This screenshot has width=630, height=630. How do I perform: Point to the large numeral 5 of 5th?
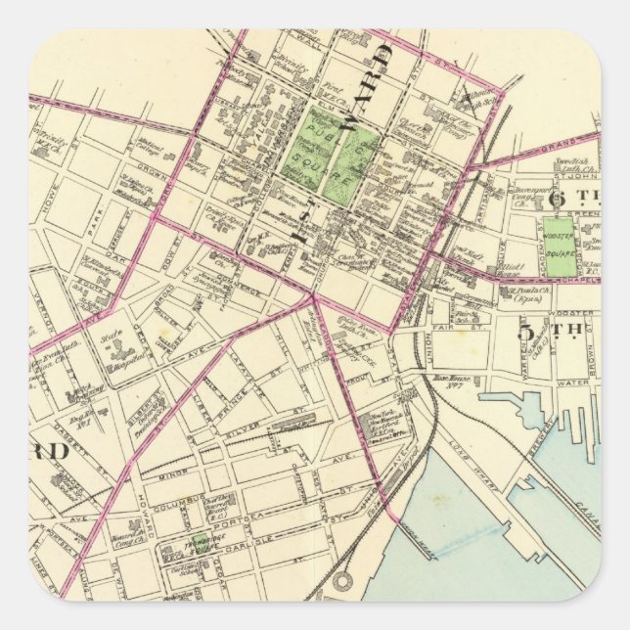pyautogui.click(x=526, y=332)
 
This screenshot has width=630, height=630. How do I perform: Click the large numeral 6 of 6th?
pyautogui.click(x=559, y=195)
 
